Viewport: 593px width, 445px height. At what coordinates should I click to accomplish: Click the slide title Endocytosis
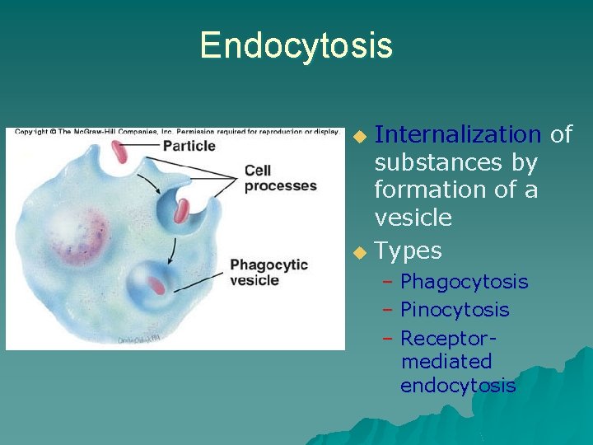pyautogui.click(x=296, y=45)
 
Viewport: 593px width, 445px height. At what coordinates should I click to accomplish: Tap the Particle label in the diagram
pyautogui.click(x=189, y=146)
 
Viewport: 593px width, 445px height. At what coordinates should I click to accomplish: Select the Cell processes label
pyautogui.click(x=280, y=178)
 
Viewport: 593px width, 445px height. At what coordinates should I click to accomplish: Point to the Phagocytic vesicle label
pyautogui.click(x=268, y=273)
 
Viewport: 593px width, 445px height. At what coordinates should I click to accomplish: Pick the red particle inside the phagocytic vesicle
pyautogui.click(x=156, y=285)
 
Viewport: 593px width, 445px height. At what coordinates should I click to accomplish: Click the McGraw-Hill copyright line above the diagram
pyautogui.click(x=175, y=131)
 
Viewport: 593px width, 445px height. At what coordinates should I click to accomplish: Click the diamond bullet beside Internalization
pyautogui.click(x=357, y=135)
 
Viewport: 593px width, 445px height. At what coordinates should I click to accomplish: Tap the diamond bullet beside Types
pyautogui.click(x=357, y=251)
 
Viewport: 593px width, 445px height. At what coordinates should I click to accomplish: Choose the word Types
pyautogui.click(x=408, y=251)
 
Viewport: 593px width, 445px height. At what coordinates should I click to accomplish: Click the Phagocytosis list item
pyautogui.click(x=464, y=282)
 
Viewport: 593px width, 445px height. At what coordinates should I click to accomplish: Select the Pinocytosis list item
pyautogui.click(x=455, y=310)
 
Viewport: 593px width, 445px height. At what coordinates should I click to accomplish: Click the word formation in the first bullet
pyautogui.click(x=422, y=190)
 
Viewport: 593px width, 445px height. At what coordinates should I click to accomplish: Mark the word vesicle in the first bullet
pyautogui.click(x=413, y=218)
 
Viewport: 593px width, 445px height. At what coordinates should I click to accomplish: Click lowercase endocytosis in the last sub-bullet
pyautogui.click(x=458, y=385)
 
